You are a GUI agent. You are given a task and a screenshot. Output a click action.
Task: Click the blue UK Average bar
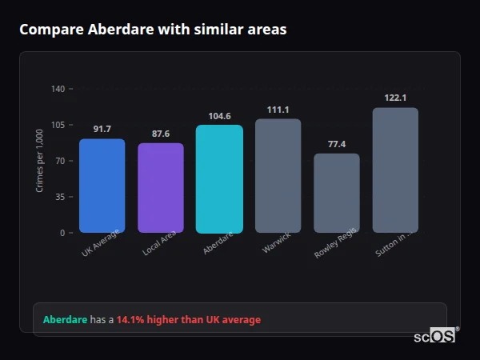[x=102, y=186]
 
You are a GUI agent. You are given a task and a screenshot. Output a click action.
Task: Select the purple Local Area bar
[x=160, y=188]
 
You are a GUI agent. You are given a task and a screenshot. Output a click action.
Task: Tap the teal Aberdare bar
[x=219, y=178]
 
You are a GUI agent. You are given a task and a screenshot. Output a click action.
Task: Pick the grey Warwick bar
[x=278, y=176]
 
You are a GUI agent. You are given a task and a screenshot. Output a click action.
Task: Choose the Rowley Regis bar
[x=336, y=193]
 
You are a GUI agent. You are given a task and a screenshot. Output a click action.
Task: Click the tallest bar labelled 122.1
[x=395, y=170]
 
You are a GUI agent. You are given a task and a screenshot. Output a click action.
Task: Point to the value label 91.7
[x=102, y=129]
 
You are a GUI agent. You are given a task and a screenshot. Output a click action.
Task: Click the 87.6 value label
[x=160, y=134]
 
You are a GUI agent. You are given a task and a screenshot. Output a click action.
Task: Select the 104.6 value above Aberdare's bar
[x=219, y=116]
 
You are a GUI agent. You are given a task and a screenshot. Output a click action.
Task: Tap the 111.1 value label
[x=278, y=110]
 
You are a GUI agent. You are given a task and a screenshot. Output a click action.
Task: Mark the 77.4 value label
[x=336, y=144]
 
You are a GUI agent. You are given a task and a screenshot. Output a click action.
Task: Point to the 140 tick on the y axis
[x=58, y=89]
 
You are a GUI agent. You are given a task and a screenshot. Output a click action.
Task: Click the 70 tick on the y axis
[x=59, y=161]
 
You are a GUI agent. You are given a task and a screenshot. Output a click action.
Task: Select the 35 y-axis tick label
[x=59, y=197]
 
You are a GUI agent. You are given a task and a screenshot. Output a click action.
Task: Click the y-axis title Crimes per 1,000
[x=40, y=160]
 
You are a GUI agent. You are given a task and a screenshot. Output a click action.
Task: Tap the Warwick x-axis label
[x=276, y=242]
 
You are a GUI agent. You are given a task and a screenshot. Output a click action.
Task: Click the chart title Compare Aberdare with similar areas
[x=153, y=30]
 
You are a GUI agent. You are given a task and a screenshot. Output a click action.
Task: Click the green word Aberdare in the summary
[x=65, y=320]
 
